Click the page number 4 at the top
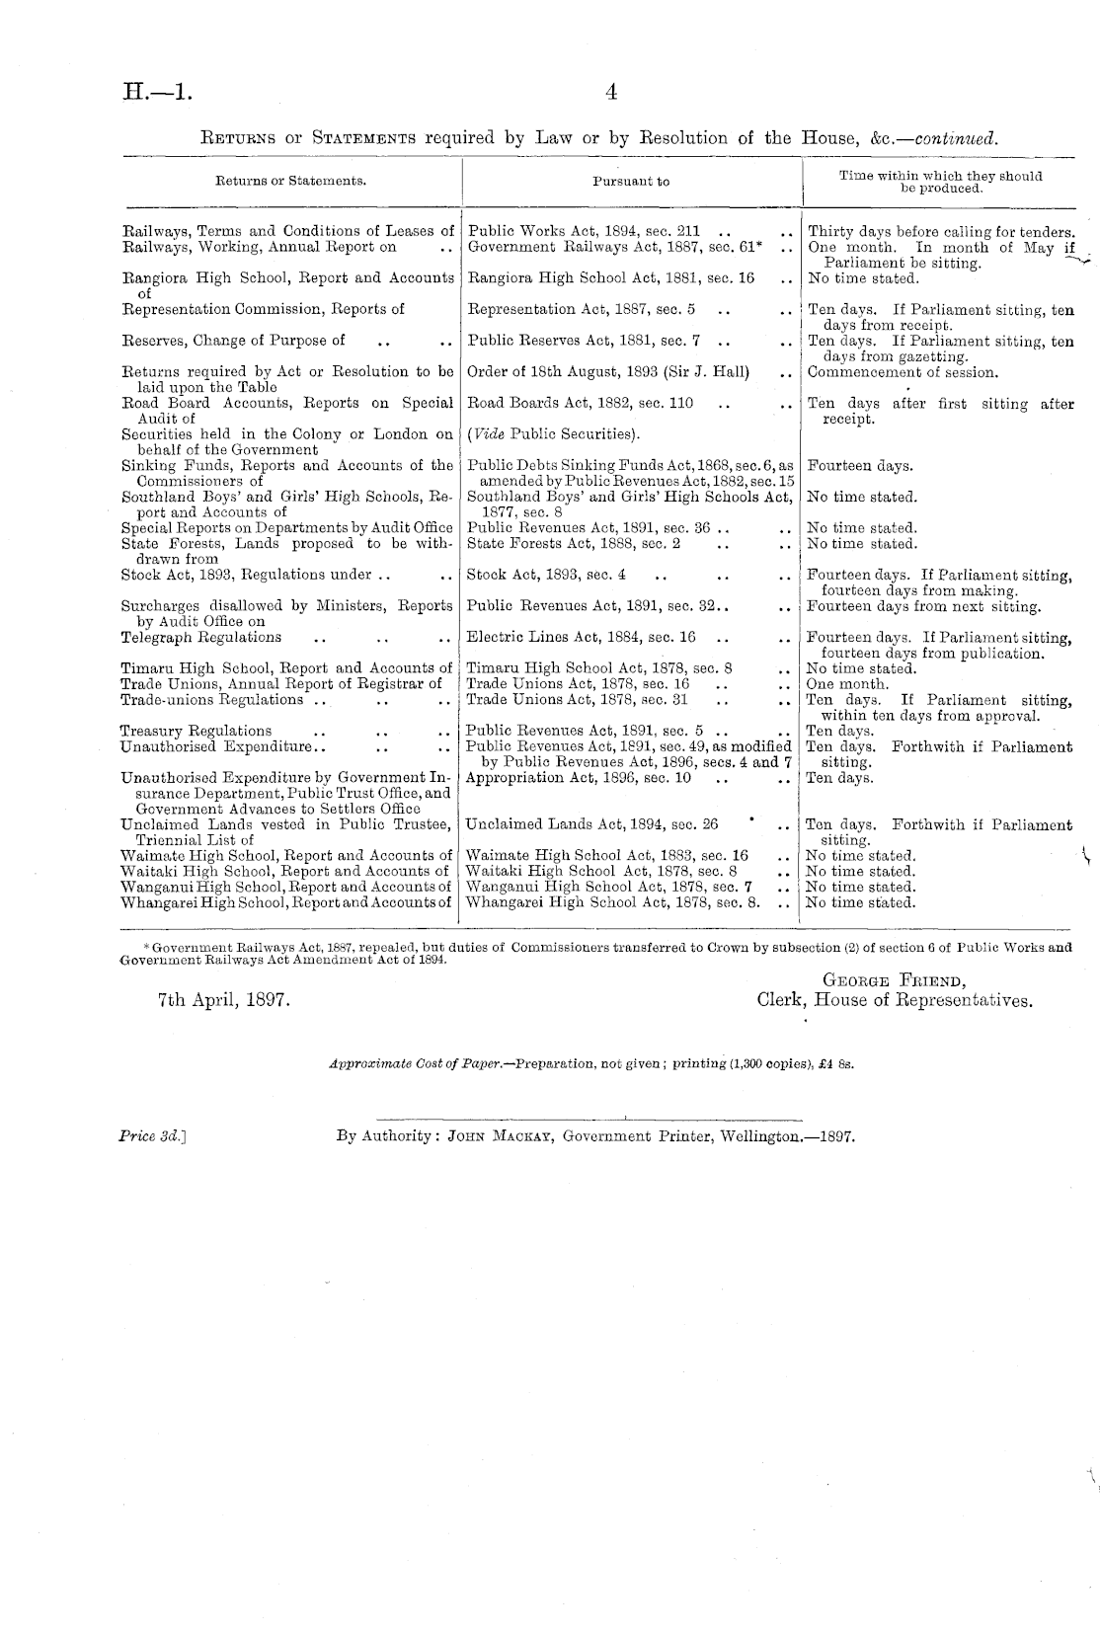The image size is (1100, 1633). click(x=611, y=92)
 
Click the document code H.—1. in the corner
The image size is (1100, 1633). click(x=158, y=92)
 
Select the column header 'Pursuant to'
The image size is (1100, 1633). click(x=631, y=182)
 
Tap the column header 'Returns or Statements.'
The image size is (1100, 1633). click(x=291, y=182)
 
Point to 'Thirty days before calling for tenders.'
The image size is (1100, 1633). click(x=941, y=232)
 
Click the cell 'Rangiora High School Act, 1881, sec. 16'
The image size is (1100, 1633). click(x=610, y=278)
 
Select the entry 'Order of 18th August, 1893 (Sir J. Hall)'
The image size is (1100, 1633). click(x=607, y=372)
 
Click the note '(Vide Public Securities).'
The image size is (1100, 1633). click(x=553, y=434)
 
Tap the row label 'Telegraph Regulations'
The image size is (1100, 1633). click(x=200, y=638)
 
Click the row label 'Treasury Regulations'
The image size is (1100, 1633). click(x=196, y=732)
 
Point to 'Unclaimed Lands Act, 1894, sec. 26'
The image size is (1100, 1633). click(x=591, y=824)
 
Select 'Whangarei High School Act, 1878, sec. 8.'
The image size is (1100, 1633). click(x=612, y=902)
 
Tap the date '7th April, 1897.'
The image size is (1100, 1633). click(x=223, y=1000)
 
